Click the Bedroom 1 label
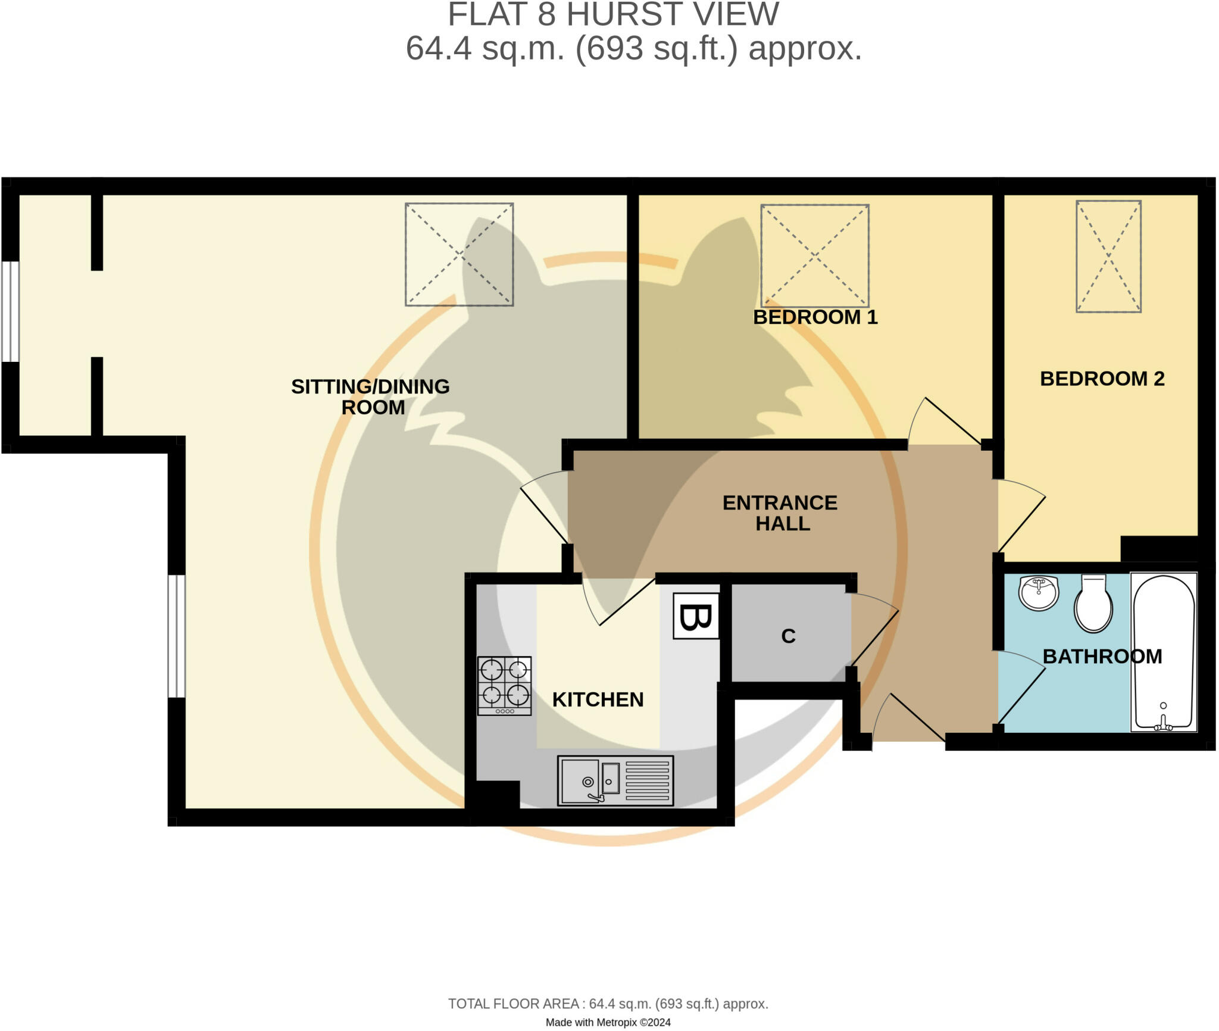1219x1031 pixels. coord(815,317)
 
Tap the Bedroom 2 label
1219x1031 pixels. coord(1102,379)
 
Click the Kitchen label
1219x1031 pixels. coord(598,699)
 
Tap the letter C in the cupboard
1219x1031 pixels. coord(788,636)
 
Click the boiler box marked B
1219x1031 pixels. coord(695,616)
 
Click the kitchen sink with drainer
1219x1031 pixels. coord(615,780)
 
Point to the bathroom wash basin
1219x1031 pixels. coord(1038,593)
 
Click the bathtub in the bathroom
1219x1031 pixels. coord(1164,652)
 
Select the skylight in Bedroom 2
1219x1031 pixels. coord(1108,257)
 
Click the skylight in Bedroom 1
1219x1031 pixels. coord(814,255)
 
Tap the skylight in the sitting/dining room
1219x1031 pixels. coord(459,255)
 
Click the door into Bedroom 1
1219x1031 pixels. coord(943,423)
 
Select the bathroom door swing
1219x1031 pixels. coord(1021,688)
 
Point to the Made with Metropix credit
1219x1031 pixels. coord(608,1022)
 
